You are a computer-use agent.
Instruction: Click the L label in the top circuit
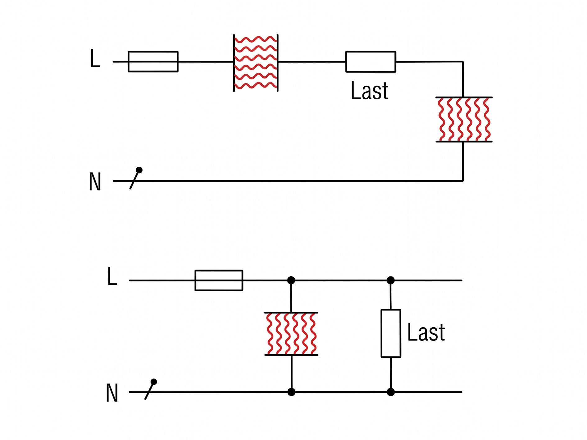click(95, 58)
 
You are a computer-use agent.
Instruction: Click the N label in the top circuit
click(95, 182)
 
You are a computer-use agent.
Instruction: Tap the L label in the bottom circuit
click(112, 276)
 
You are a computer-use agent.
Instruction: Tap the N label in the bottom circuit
click(112, 393)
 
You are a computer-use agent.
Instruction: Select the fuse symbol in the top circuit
click(153, 61)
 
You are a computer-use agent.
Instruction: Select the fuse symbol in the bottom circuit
click(219, 280)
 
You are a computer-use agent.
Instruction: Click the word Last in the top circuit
click(370, 91)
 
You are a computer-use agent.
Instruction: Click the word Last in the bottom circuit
click(426, 333)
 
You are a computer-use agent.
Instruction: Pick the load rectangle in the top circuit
click(371, 62)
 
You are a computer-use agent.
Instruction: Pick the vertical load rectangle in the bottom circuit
click(391, 333)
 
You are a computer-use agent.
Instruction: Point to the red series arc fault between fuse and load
click(256, 63)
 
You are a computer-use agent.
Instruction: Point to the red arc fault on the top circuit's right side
click(464, 120)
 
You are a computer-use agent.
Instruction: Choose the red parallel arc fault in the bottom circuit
click(291, 334)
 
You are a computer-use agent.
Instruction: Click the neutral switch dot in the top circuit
click(139, 170)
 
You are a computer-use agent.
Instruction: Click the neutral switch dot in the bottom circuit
click(154, 382)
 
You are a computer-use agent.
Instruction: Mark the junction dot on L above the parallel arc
click(291, 280)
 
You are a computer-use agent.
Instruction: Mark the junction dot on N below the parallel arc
click(291, 392)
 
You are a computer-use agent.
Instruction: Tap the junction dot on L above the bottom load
click(391, 280)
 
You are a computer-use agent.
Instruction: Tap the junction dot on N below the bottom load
click(391, 392)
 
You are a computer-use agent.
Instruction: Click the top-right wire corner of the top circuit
click(463, 62)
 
